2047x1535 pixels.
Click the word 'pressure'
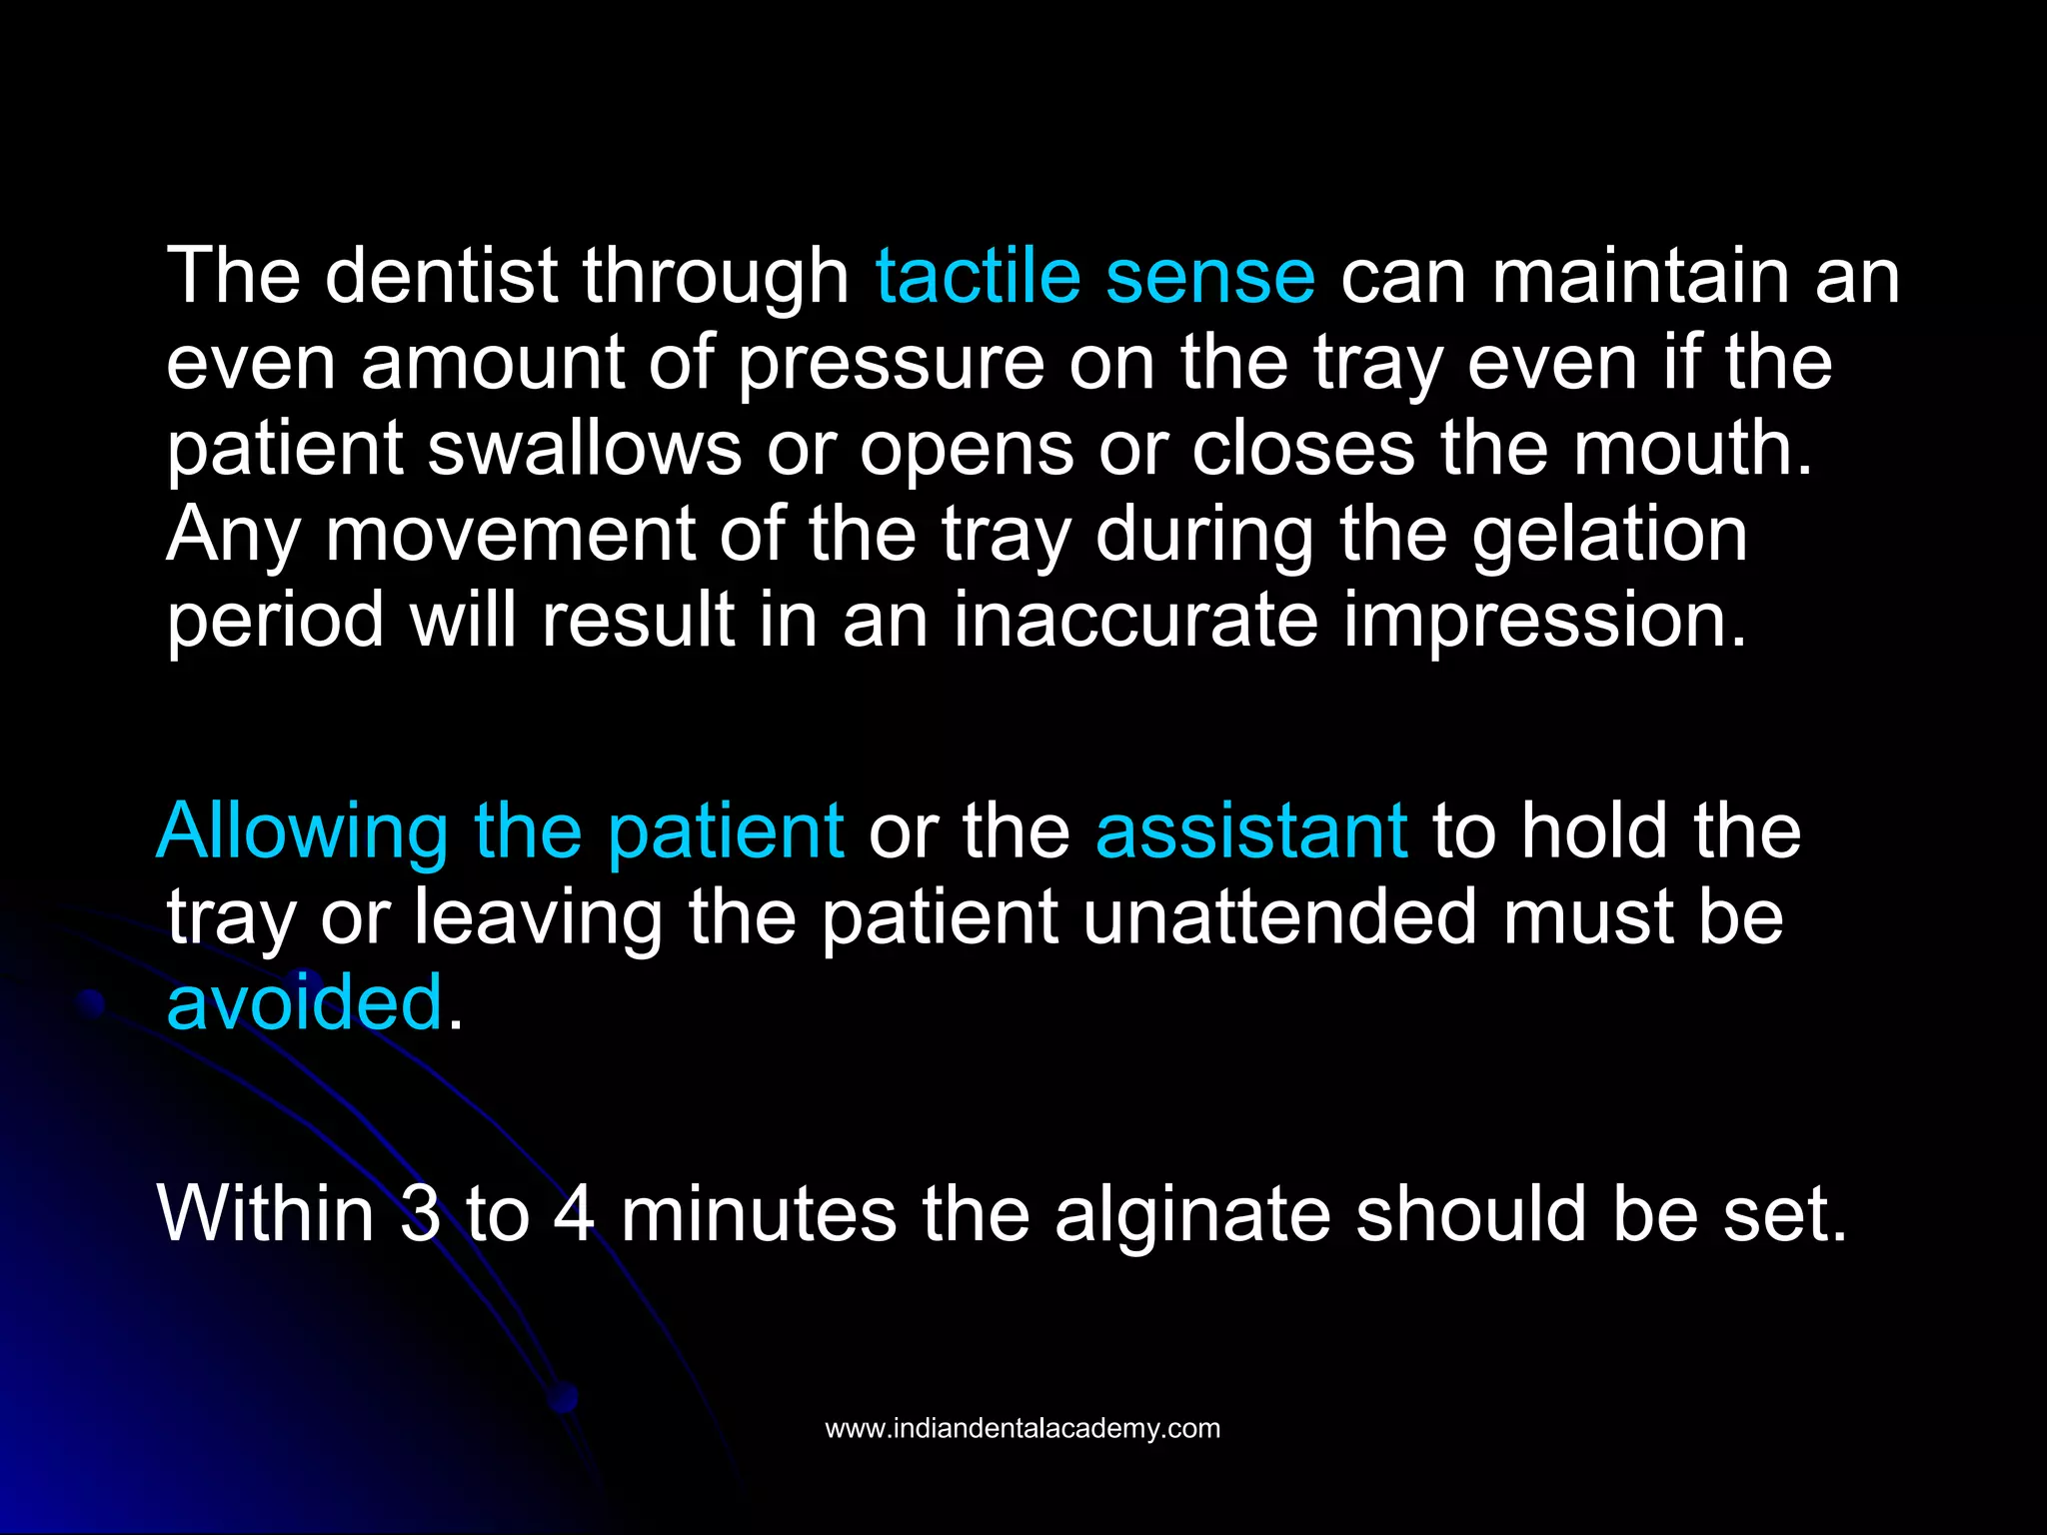click(891, 364)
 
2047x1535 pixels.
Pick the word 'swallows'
click(585, 449)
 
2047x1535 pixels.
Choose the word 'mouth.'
click(1693, 449)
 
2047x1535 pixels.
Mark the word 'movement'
click(510, 535)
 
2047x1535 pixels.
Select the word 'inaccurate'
click(1135, 621)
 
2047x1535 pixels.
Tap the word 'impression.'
click(1545, 621)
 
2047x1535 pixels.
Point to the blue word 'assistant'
click(1251, 831)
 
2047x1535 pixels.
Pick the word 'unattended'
click(1279, 917)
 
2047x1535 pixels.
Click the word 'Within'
click(266, 1214)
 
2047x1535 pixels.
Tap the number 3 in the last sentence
click(420, 1214)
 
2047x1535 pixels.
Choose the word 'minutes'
click(759, 1214)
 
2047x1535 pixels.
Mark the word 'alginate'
click(1192, 1214)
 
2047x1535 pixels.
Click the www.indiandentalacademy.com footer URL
click(1023, 1428)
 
